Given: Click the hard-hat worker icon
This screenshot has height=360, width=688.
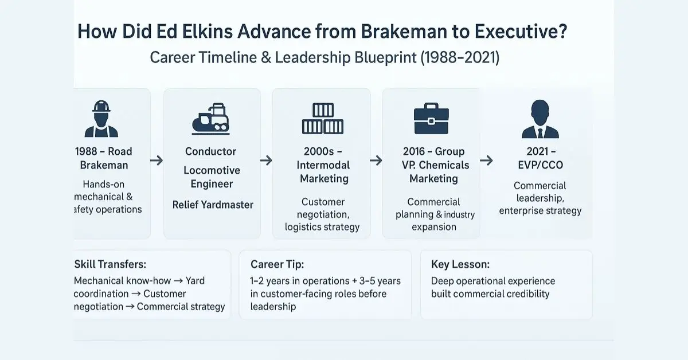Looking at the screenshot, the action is coord(101,119).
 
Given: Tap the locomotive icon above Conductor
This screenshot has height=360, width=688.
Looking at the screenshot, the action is coord(211,119).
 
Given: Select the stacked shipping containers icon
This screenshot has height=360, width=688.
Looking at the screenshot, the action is coord(322,119).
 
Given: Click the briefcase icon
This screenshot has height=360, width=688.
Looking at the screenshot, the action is coord(431,118).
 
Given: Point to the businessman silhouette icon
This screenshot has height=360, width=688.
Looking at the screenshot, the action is coord(540,119).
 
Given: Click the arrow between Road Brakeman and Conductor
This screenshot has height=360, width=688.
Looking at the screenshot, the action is coord(157,161).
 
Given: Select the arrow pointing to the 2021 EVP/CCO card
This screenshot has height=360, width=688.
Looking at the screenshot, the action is coord(486,161).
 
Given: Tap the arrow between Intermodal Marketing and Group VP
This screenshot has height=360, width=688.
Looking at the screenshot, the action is coord(376,161).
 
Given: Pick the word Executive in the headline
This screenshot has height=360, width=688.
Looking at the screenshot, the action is coord(521,32).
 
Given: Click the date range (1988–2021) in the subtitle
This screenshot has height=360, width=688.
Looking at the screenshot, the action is coord(459,57).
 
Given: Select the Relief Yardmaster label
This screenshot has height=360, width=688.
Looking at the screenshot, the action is coord(213,205).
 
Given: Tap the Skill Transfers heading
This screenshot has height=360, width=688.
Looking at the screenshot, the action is coord(110,264).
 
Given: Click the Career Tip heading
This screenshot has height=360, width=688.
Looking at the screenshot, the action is coord(277,264).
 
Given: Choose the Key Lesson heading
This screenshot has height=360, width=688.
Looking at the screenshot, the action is coord(460,264).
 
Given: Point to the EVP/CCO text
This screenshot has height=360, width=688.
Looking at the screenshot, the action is coord(540,165).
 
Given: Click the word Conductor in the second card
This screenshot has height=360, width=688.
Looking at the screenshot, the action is coord(211,151).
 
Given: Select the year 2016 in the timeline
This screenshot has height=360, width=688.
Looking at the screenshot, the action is coord(414,151).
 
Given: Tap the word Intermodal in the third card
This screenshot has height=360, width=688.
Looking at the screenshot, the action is coord(323,165).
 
